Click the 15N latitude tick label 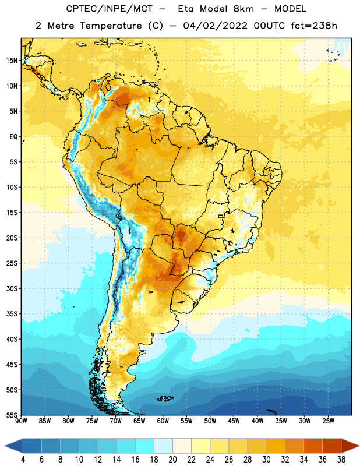12,61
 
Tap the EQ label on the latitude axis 13,137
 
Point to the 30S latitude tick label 12,288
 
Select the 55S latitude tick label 12,415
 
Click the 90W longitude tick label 21,421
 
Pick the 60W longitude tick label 163,421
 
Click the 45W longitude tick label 234,421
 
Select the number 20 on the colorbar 172,460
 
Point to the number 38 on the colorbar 341,460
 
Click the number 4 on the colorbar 23,460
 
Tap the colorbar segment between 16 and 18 145,446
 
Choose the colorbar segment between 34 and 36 313,446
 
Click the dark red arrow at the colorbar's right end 350,446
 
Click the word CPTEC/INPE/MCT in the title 109,9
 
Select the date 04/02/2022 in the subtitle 216,26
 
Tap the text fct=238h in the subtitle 314,26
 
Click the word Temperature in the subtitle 111,26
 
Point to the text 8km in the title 243,9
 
